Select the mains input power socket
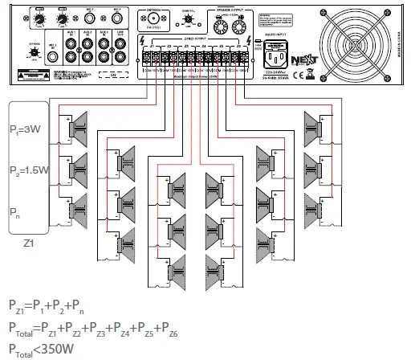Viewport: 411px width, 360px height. pos(273,57)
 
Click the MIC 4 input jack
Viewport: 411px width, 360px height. pos(117,19)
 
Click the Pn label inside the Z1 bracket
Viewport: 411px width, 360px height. pos(15,213)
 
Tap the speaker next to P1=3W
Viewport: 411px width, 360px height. pos(81,125)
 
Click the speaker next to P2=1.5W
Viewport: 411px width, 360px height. pos(81,169)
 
